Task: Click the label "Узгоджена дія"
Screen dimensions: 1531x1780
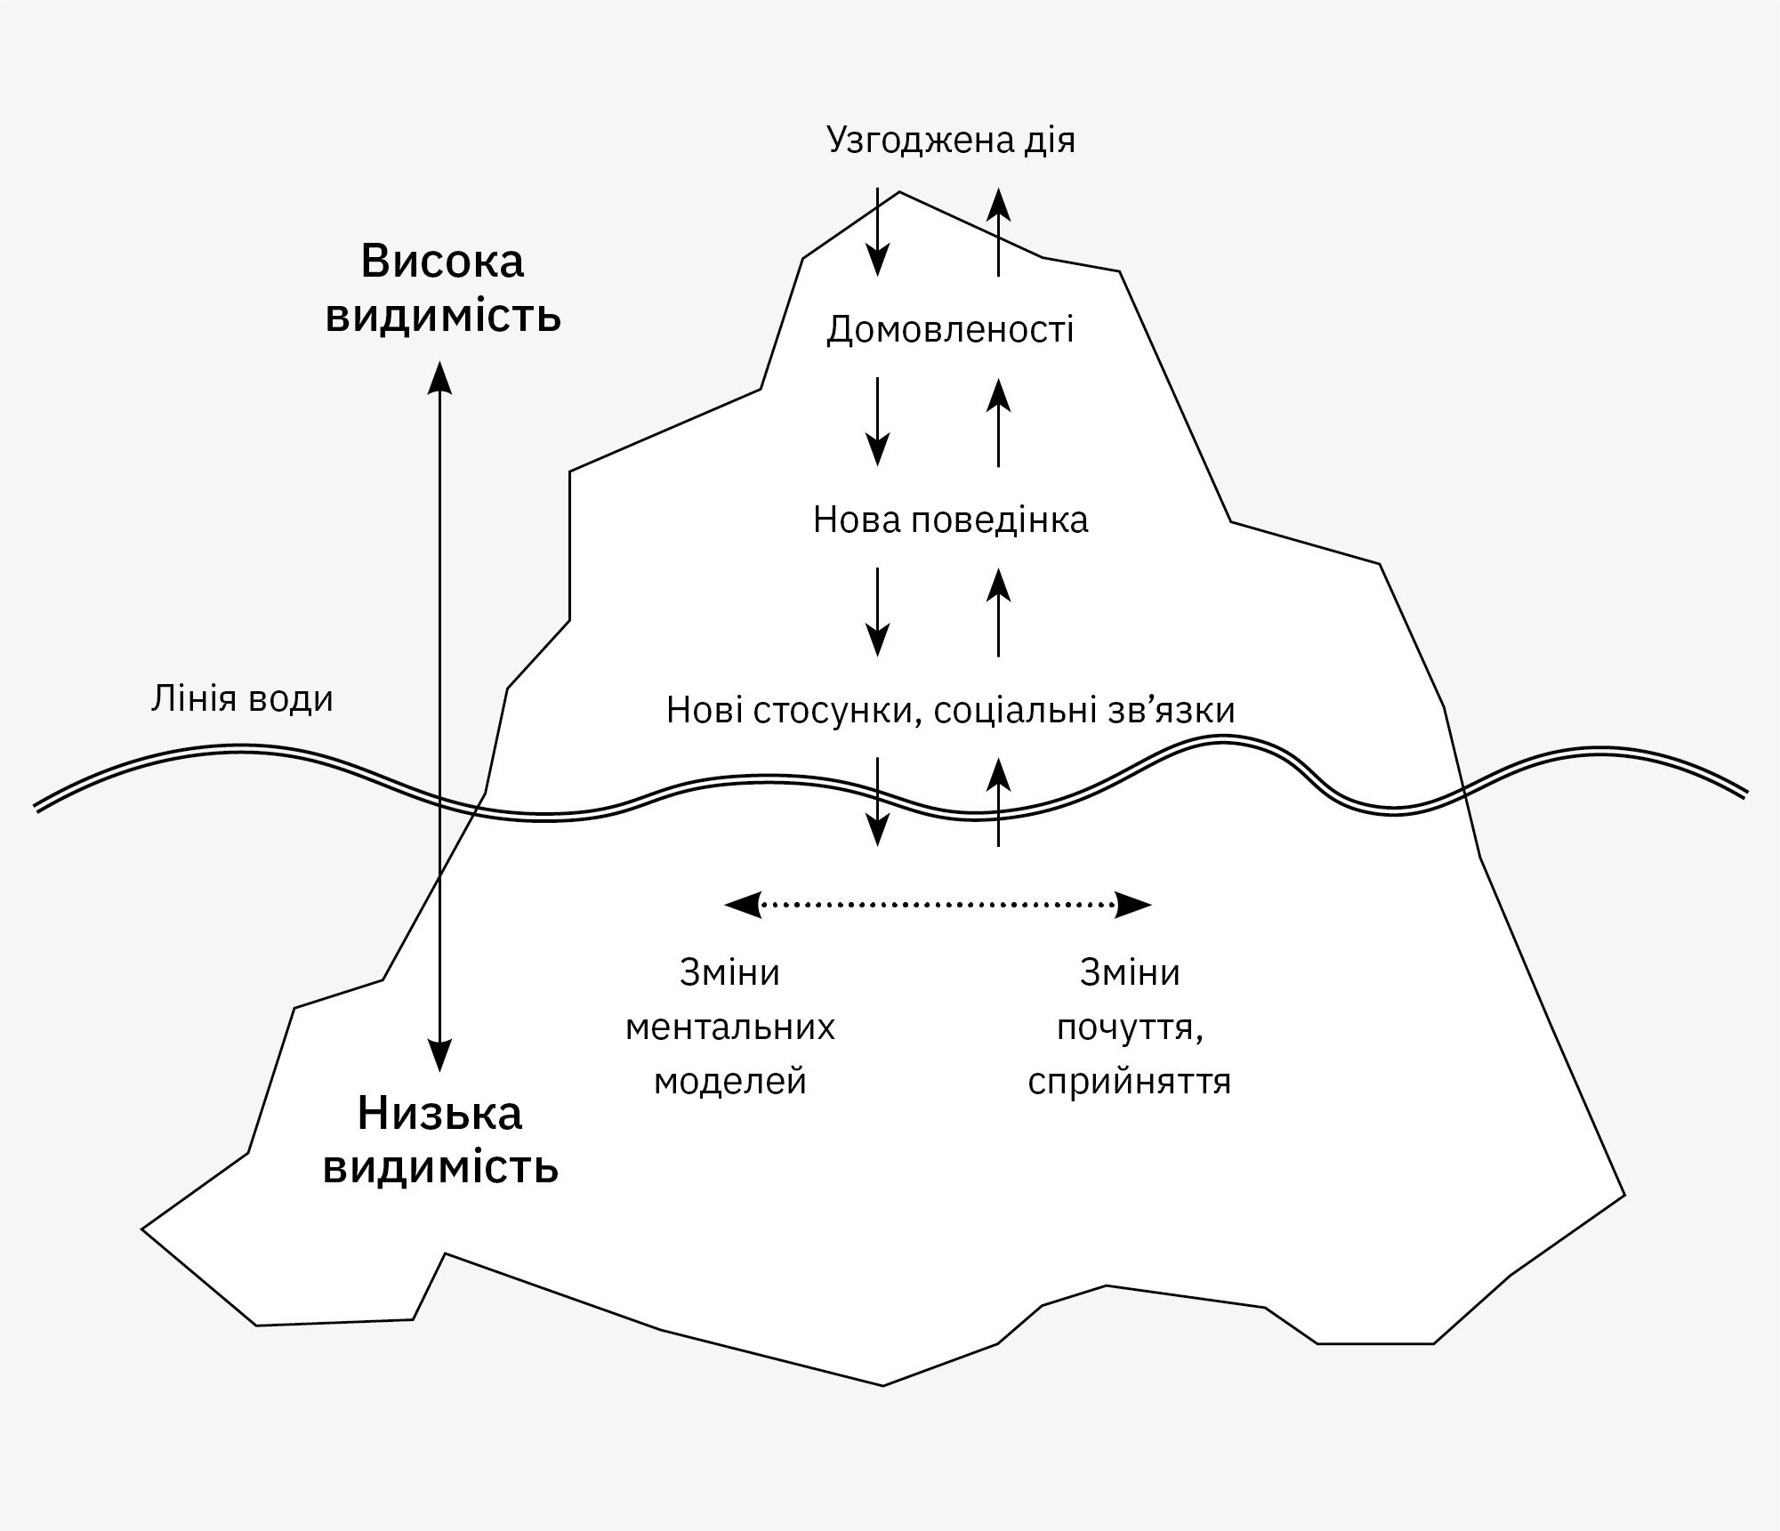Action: pos(950,141)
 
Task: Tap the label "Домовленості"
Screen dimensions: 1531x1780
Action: pos(950,330)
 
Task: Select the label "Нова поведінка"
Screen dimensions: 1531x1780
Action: pos(950,520)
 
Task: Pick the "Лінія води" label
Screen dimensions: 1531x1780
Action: pos(242,699)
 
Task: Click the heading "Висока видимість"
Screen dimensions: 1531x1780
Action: pos(443,288)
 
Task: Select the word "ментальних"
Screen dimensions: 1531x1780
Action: pos(730,1027)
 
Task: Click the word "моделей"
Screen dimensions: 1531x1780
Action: pos(730,1082)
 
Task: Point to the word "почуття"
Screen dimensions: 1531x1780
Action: pos(1130,1027)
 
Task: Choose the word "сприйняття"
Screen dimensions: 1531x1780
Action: pos(1130,1082)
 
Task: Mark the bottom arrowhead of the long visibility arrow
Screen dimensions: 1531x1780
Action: pos(439,1056)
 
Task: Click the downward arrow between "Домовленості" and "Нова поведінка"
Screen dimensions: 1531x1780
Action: pos(878,422)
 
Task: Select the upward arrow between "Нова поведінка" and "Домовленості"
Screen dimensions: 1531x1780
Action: pos(999,422)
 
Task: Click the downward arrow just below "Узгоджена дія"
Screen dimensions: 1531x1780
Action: pos(878,231)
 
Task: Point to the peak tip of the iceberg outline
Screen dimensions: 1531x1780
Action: pos(900,191)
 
